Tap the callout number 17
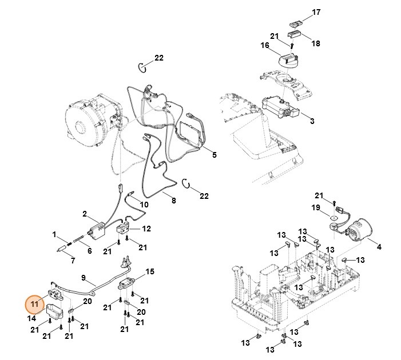[x=316, y=12]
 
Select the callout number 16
[x=265, y=46]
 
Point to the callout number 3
[x=312, y=121]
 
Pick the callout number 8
[x=174, y=201]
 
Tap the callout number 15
[x=150, y=271]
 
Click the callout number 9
[x=84, y=278]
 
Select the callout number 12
[x=147, y=229]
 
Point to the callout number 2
[x=84, y=214]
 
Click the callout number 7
[x=73, y=261]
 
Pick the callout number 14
[x=31, y=318]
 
